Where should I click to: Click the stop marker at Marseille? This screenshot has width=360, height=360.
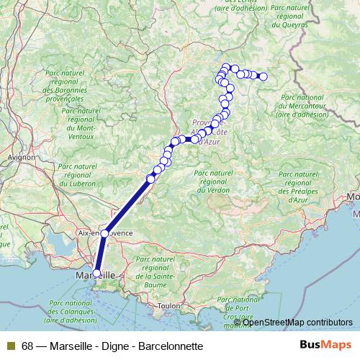(x=97, y=273)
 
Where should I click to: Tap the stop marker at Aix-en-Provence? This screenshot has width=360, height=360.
(x=105, y=233)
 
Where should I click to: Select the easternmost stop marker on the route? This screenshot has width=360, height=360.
(x=263, y=76)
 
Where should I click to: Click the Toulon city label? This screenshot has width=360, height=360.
(x=170, y=305)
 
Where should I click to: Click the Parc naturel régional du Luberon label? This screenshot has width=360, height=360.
(x=73, y=174)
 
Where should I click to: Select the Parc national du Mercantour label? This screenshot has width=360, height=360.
(x=303, y=105)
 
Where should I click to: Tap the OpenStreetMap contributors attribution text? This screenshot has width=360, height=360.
(x=297, y=323)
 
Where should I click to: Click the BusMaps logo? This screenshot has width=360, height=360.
(x=325, y=345)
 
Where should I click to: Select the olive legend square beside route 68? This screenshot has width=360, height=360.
(x=11, y=346)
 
